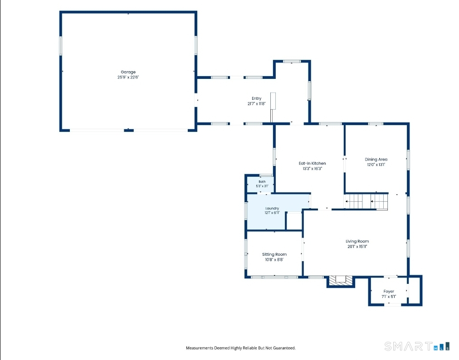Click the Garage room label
[x=128, y=72]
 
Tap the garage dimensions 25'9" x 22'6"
[x=128, y=77]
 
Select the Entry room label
[x=256, y=98]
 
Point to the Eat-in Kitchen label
[x=312, y=163]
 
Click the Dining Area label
[x=376, y=160]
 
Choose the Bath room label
[x=262, y=182]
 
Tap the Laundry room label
[x=272, y=209]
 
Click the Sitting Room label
[x=274, y=254]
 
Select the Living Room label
[x=357, y=241]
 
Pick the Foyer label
[x=389, y=291]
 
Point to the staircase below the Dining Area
[x=366, y=201]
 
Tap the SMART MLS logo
[x=417, y=346]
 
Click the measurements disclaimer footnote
[x=241, y=348]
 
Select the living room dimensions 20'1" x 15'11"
[x=357, y=247]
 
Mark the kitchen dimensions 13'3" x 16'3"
[x=312, y=169]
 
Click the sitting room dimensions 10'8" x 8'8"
[x=274, y=260]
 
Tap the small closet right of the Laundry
[x=294, y=221]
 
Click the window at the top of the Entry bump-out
[x=292, y=62]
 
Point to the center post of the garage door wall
[x=129, y=130]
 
